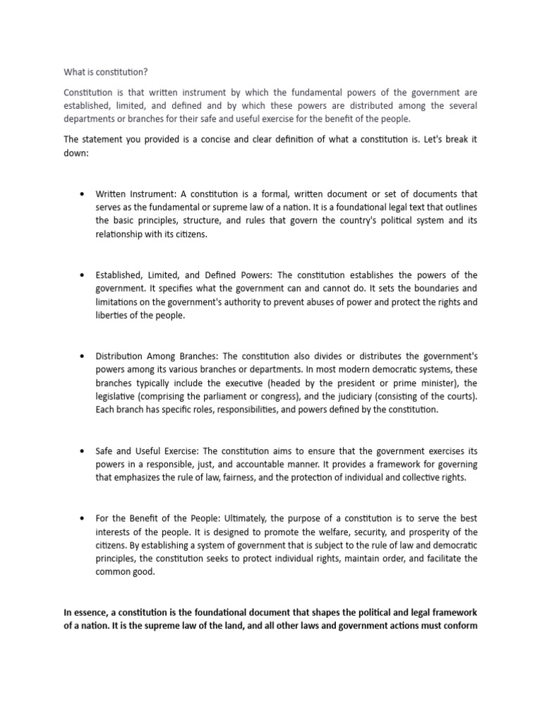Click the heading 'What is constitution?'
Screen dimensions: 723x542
click(x=106, y=72)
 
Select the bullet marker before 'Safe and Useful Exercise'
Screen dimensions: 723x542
click(x=83, y=450)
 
